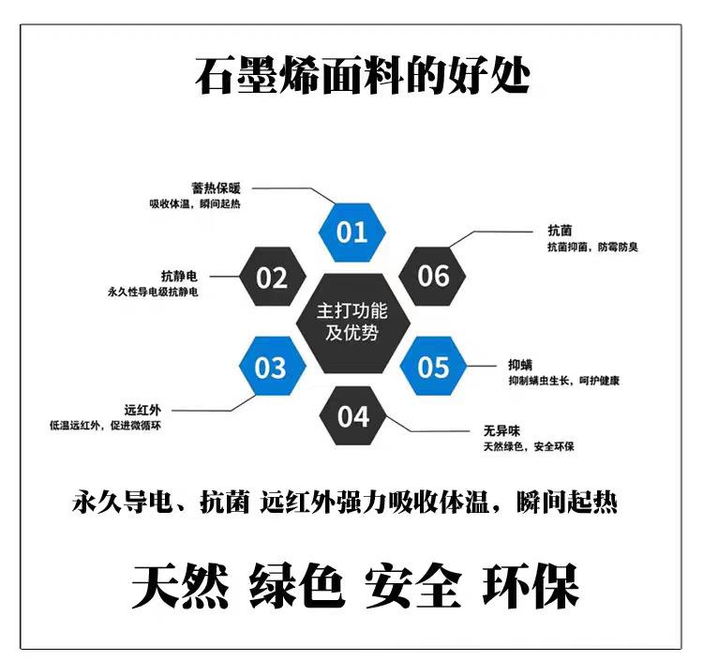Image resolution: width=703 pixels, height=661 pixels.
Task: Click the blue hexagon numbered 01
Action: (x=351, y=232)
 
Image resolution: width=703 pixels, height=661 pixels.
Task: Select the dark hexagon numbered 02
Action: (x=271, y=278)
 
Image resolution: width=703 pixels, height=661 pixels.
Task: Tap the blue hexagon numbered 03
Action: (x=270, y=367)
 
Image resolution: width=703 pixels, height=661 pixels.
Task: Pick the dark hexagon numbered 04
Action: (x=352, y=415)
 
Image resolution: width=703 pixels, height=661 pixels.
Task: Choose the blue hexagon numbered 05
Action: (x=433, y=367)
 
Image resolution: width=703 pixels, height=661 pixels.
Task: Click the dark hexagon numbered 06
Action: (x=433, y=277)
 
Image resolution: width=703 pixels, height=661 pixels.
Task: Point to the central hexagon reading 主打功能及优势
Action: (x=351, y=322)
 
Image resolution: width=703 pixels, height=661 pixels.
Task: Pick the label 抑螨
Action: (x=520, y=365)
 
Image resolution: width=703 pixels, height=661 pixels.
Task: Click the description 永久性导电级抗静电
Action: (x=154, y=293)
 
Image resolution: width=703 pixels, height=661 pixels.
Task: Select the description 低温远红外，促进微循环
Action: (x=107, y=426)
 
